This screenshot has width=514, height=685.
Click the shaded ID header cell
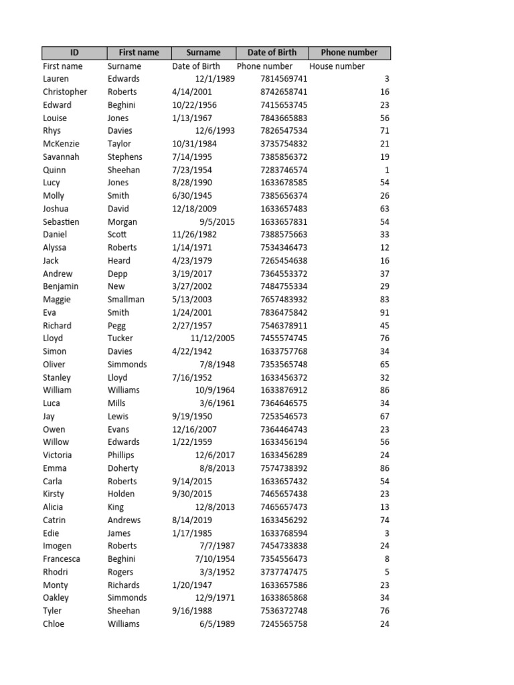[x=74, y=52]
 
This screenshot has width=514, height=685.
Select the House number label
[x=337, y=66]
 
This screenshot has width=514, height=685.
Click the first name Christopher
[x=65, y=92]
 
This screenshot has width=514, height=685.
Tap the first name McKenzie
[x=60, y=144]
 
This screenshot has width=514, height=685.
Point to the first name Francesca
[x=62, y=559]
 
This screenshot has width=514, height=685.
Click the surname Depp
[x=118, y=274]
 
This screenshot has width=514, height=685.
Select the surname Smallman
[x=126, y=300]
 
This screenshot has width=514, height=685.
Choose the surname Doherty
[x=123, y=468]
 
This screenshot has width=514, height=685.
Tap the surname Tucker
[x=120, y=338]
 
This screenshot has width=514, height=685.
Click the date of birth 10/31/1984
[x=195, y=144]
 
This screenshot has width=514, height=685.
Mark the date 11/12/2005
[x=212, y=338]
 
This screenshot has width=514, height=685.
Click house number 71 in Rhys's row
[x=384, y=131]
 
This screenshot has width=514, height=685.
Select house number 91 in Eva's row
[x=384, y=312]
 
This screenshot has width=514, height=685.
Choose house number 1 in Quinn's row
[x=387, y=170]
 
